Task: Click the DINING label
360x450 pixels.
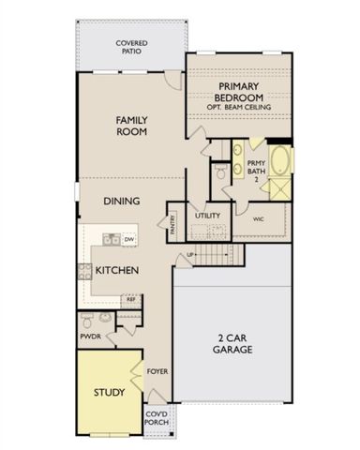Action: pyautogui.click(x=123, y=201)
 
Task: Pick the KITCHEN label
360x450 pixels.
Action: pyautogui.click(x=118, y=271)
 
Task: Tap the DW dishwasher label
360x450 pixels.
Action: pyautogui.click(x=128, y=240)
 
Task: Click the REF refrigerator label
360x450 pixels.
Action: pyautogui.click(x=130, y=300)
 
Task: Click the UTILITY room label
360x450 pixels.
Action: pyautogui.click(x=207, y=216)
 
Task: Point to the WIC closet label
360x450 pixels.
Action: pyautogui.click(x=259, y=218)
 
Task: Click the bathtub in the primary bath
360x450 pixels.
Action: pyautogui.click(x=279, y=158)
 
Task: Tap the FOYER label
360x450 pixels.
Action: pyautogui.click(x=156, y=371)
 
